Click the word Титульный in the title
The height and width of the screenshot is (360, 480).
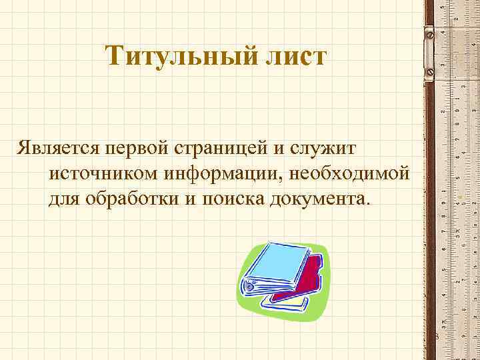pos(178,56)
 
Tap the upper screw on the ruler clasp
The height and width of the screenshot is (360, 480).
pos(429,31)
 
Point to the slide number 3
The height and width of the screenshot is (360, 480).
pos(434,336)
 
